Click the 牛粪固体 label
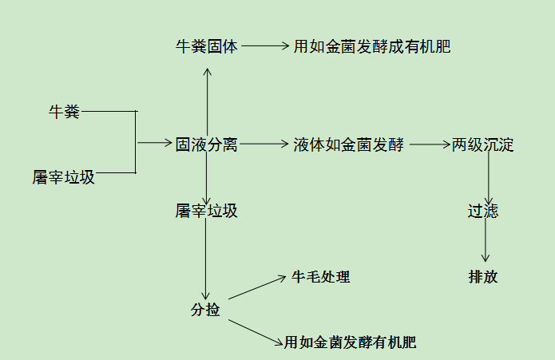[x=206, y=46]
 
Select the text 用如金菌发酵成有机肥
[x=371, y=46]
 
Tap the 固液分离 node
[x=206, y=145]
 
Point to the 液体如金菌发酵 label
[x=349, y=145]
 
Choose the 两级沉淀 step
[x=482, y=145]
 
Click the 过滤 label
[x=483, y=212]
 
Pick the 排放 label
[x=483, y=277]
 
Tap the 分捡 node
[x=205, y=311]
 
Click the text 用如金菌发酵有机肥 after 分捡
[x=351, y=343]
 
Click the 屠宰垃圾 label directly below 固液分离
[x=206, y=212]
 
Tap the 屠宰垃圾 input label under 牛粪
[x=64, y=178]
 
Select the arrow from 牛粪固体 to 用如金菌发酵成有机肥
[x=264, y=46]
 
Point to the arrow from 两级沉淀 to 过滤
[x=488, y=179]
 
